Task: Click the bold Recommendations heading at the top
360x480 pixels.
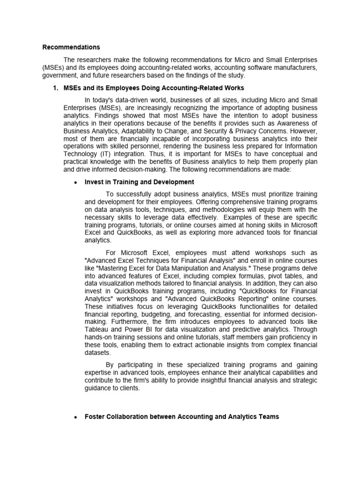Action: pyautogui.click(x=71, y=47)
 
